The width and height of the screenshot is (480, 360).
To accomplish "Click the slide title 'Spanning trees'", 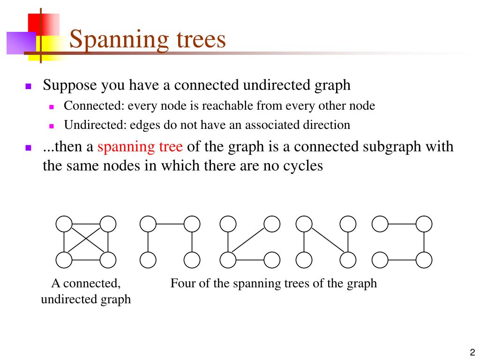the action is pyautogui.click(x=148, y=39).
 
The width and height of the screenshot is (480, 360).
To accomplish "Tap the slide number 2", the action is pyautogui.click(x=472, y=352).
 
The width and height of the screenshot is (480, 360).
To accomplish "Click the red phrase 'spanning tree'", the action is pyautogui.click(x=140, y=147).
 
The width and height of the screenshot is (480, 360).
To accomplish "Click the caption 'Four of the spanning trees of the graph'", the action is pyautogui.click(x=273, y=284).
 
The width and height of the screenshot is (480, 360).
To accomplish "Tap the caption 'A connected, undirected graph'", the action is pyautogui.click(x=86, y=291).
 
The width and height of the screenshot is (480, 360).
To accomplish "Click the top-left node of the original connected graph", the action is pyautogui.click(x=64, y=224).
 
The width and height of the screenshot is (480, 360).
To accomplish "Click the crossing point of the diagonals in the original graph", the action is pyautogui.click(x=86, y=241).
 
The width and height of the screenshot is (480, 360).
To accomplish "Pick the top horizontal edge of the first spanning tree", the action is pyautogui.click(x=170, y=224).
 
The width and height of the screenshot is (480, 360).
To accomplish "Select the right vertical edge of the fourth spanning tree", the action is pyautogui.click(x=424, y=241).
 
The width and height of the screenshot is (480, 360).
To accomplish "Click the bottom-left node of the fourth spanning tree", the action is pyautogui.click(x=380, y=259).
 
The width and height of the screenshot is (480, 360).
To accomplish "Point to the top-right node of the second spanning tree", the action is pyautogui.click(x=271, y=224).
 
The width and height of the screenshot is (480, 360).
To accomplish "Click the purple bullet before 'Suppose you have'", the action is pyautogui.click(x=29, y=86).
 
